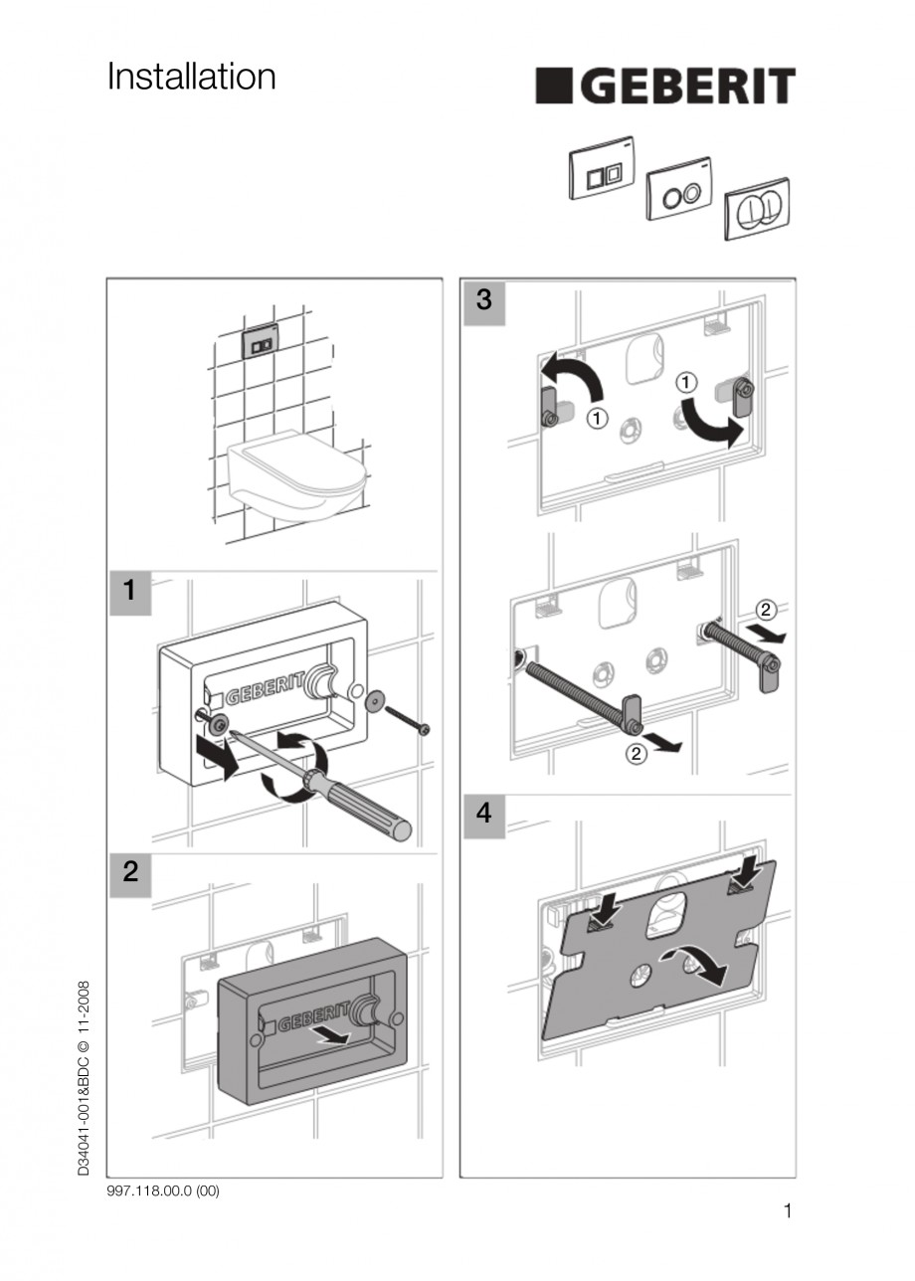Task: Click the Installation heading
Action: point(191,78)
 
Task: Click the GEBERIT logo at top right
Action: point(665,87)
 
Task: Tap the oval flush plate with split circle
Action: point(759,209)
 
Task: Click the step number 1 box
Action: point(129,592)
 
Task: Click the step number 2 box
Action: point(129,874)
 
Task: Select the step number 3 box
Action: point(483,301)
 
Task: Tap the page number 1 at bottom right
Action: point(788,1211)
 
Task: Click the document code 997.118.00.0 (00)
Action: point(162,1191)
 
